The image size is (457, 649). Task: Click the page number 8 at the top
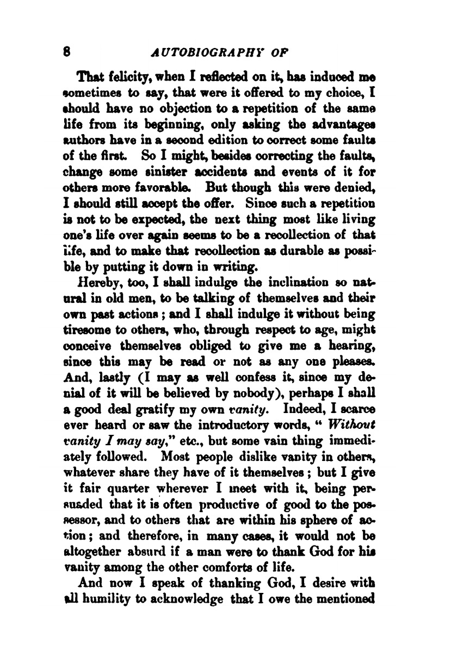click(66, 53)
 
